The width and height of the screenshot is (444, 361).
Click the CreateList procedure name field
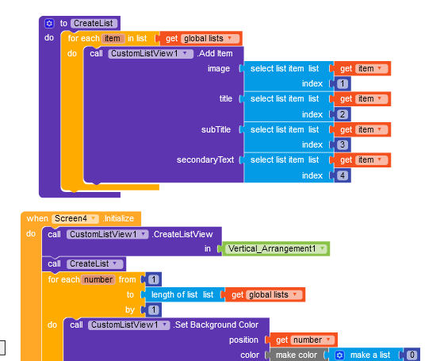click(x=94, y=23)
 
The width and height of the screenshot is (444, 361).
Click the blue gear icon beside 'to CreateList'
click(x=49, y=23)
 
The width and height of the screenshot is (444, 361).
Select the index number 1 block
click(x=343, y=83)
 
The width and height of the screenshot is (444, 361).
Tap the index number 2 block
click(x=343, y=114)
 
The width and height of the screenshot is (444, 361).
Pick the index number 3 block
click(x=343, y=144)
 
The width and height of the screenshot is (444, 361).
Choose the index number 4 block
click(x=343, y=175)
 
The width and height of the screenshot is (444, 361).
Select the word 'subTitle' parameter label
click(x=216, y=129)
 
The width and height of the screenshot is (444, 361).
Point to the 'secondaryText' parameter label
click(x=205, y=159)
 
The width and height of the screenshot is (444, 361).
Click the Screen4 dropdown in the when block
click(x=75, y=218)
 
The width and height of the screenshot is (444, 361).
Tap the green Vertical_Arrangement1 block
click(x=276, y=249)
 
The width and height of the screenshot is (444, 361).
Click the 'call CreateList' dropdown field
click(x=95, y=263)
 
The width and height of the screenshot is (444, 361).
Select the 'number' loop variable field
click(x=98, y=279)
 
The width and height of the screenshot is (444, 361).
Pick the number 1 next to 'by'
click(x=154, y=309)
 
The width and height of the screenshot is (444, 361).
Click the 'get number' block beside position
click(x=303, y=340)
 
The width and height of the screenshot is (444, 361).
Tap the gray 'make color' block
click(x=297, y=355)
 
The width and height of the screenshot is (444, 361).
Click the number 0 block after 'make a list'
click(x=412, y=355)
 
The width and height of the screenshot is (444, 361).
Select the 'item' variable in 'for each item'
click(x=113, y=38)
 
